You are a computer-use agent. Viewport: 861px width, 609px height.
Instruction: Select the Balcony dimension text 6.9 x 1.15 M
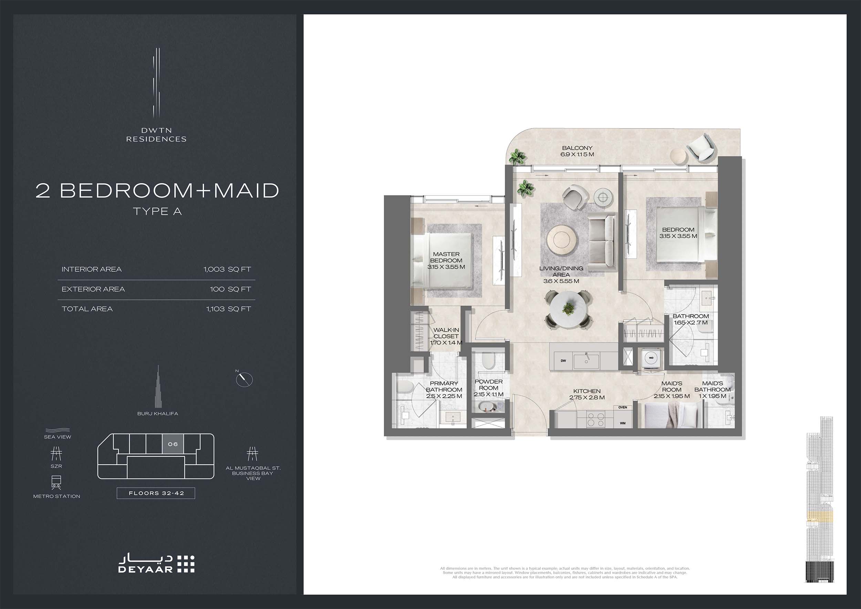577,154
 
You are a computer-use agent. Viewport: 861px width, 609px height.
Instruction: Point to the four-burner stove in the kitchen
595,420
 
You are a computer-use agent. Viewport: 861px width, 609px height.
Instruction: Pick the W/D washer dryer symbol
651,358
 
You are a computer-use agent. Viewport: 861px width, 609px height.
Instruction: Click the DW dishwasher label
563,361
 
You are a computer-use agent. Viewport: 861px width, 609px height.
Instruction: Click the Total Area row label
87,309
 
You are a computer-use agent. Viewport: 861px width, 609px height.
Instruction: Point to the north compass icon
244,379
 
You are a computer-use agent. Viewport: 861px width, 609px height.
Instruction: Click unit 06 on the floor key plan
173,444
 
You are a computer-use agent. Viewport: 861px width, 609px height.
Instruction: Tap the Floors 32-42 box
156,493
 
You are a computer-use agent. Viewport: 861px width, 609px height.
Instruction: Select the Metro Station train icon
56,483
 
